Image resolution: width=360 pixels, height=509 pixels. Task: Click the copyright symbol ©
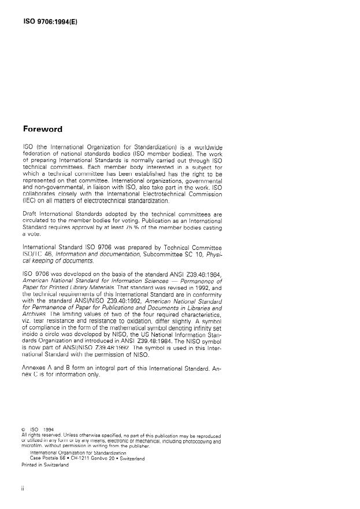pyautogui.click(x=23, y=429)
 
